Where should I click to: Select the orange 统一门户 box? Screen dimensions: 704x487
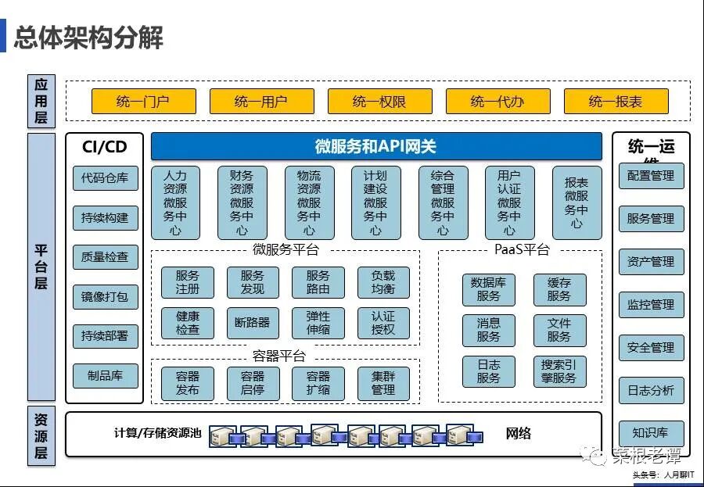click(x=142, y=102)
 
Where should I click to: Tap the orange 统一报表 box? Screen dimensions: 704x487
click(x=616, y=102)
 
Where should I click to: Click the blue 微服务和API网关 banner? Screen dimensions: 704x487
click(x=375, y=146)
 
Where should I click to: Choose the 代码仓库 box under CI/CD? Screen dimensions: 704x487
click(x=105, y=177)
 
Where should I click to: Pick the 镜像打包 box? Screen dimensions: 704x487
click(x=105, y=297)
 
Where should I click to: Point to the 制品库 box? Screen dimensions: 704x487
click(x=105, y=375)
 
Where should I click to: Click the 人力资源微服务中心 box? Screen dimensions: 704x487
click(x=175, y=202)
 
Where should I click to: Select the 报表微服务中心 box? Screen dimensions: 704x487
click(x=576, y=202)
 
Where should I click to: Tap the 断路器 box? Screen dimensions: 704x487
click(x=253, y=322)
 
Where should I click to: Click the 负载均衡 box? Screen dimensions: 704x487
click(x=383, y=282)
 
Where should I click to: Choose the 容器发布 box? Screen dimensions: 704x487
click(x=188, y=383)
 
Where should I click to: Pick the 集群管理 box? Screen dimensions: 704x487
click(x=383, y=383)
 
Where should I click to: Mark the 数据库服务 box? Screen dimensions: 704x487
click(x=488, y=289)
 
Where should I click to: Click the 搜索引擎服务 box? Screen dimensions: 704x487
click(x=559, y=371)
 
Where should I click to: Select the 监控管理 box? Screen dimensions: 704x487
click(x=651, y=304)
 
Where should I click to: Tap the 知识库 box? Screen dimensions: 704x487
click(x=651, y=432)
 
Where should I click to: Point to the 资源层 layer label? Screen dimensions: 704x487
click(x=41, y=435)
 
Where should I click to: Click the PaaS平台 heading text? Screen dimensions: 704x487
click(x=522, y=250)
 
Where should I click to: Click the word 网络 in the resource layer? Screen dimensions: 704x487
click(x=519, y=433)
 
